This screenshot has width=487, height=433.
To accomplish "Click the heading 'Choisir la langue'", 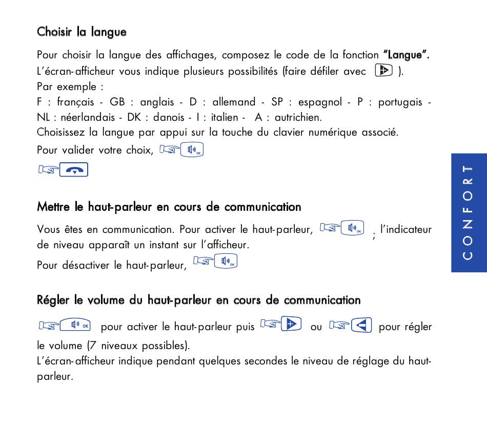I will [82, 32].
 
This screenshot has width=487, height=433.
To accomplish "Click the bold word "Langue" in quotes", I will [406, 55].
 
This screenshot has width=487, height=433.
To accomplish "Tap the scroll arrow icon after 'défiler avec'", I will [384, 71].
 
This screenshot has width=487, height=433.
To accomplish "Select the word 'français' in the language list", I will [75, 102].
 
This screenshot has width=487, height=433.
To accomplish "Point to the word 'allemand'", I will [234, 102].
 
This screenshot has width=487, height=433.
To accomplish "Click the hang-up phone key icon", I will [74, 169].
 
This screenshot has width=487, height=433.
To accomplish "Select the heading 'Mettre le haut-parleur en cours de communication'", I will [169, 207].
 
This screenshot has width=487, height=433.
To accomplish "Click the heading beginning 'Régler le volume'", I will [198, 300].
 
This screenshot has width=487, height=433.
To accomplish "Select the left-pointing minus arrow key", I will [361, 325].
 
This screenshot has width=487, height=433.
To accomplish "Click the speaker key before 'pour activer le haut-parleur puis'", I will [75, 325].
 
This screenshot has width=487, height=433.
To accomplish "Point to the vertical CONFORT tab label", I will [468, 212].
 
